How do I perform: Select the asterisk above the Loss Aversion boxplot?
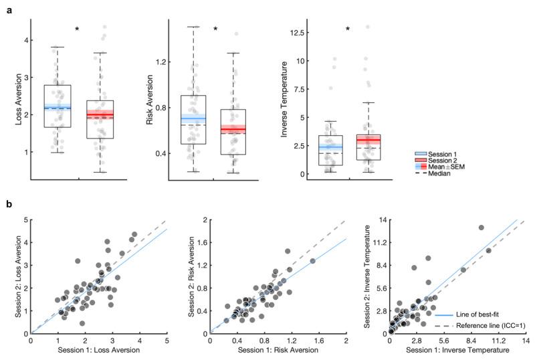click(78, 29)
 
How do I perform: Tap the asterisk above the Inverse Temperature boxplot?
click(348, 29)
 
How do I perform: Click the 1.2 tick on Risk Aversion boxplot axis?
click(160, 62)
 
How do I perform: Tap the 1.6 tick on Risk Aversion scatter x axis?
click(318, 340)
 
